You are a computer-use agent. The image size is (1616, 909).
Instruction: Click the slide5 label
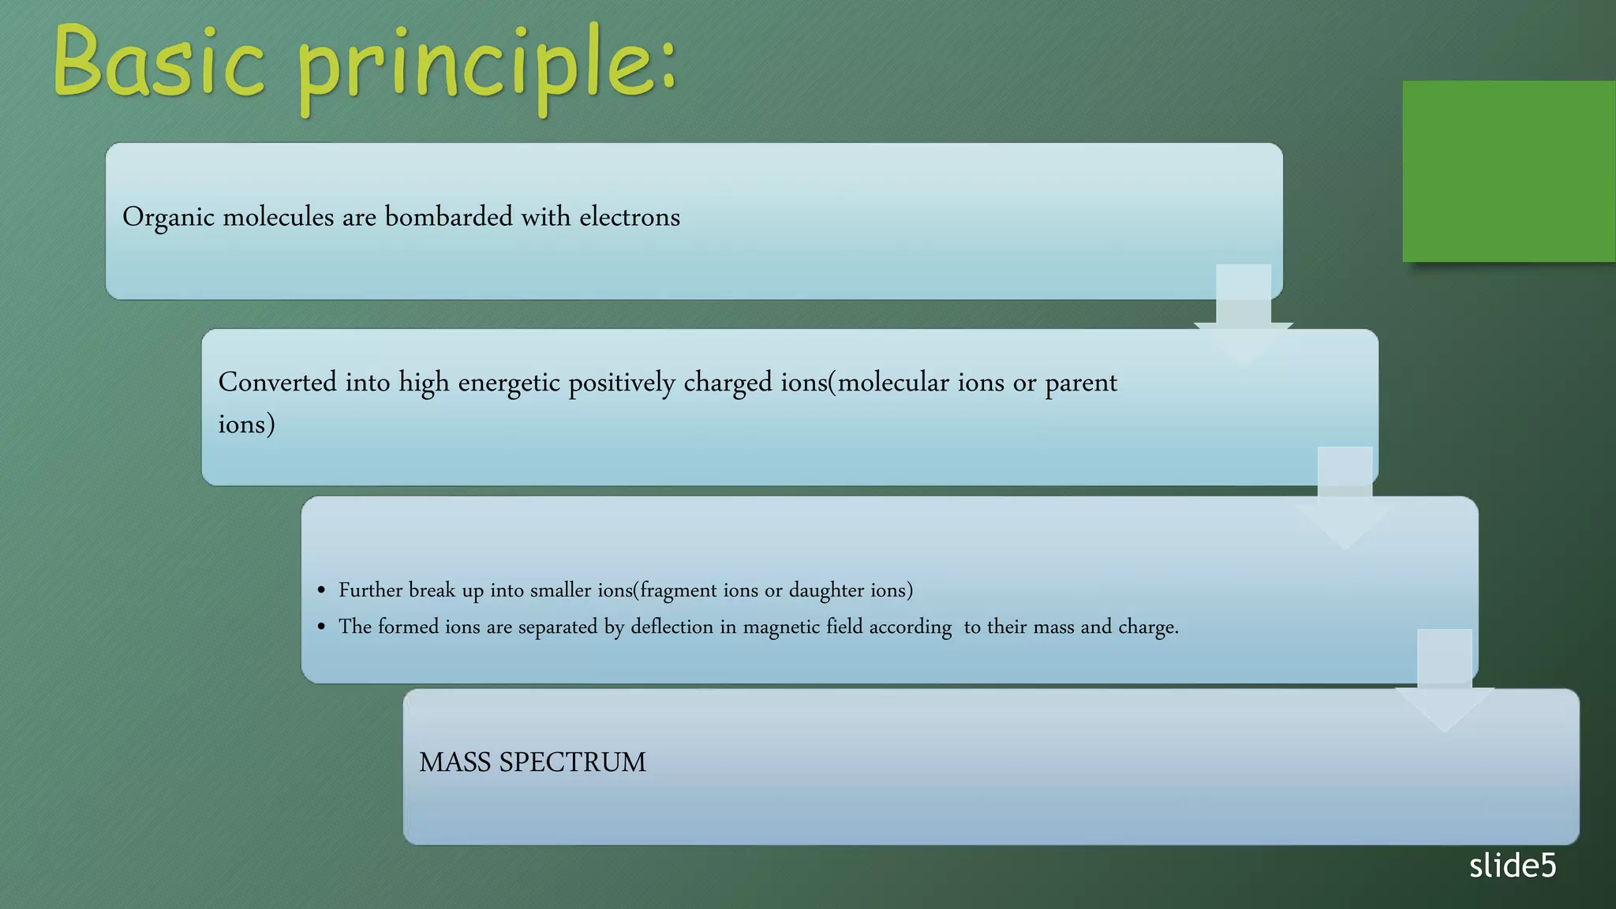tap(1512, 866)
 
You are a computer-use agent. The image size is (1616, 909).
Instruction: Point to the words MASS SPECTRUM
tap(533, 762)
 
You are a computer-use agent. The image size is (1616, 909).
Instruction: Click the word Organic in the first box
tap(168, 217)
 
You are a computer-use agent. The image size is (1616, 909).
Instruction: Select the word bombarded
tap(448, 217)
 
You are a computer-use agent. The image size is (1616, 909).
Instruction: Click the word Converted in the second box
tap(277, 383)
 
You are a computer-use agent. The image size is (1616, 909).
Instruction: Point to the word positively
tap(622, 383)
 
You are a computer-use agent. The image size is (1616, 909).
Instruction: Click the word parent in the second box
tap(1081, 383)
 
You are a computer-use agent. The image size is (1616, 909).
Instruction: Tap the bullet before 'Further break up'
tap(321, 590)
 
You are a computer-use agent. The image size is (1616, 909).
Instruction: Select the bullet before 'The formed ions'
tap(321, 627)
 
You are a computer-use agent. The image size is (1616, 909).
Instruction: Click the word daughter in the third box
tap(826, 590)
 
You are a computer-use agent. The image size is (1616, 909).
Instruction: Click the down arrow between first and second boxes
tap(1243, 316)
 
